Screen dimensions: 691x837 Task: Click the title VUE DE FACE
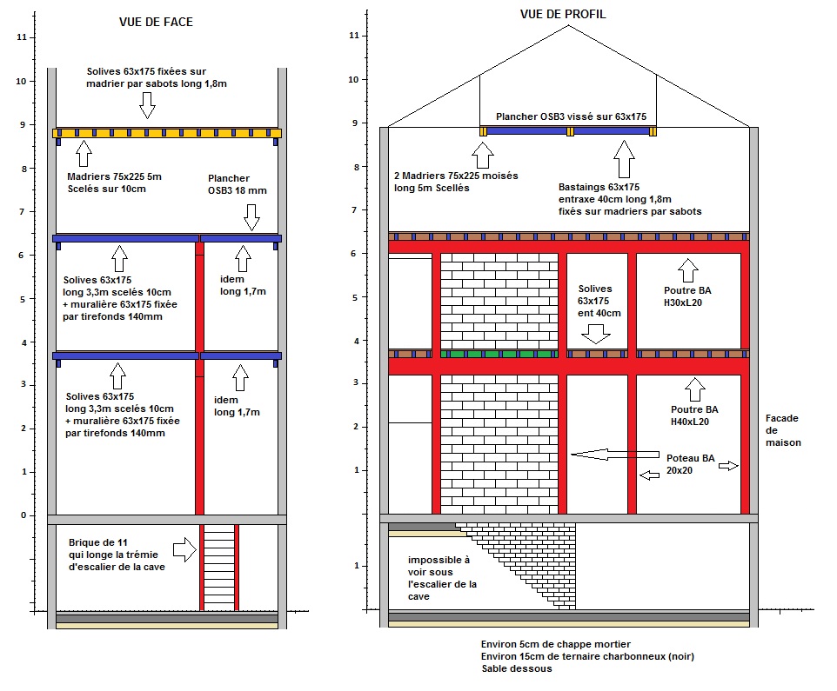[156, 22]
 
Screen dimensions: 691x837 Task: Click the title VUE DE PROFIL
[562, 14]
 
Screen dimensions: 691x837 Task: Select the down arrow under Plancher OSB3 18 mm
[252, 216]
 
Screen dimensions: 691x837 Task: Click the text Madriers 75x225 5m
[114, 176]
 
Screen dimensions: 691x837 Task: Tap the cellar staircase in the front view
[219, 566]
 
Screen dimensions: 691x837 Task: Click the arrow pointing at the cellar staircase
[184, 549]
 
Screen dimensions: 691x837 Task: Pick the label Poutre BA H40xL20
[693, 415]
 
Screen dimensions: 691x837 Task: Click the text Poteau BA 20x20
[690, 464]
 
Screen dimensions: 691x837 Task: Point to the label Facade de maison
[782, 429]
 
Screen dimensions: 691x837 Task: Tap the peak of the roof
[569, 25]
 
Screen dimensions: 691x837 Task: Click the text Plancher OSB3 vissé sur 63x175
[567, 116]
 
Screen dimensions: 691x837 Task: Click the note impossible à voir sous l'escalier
[441, 578]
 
